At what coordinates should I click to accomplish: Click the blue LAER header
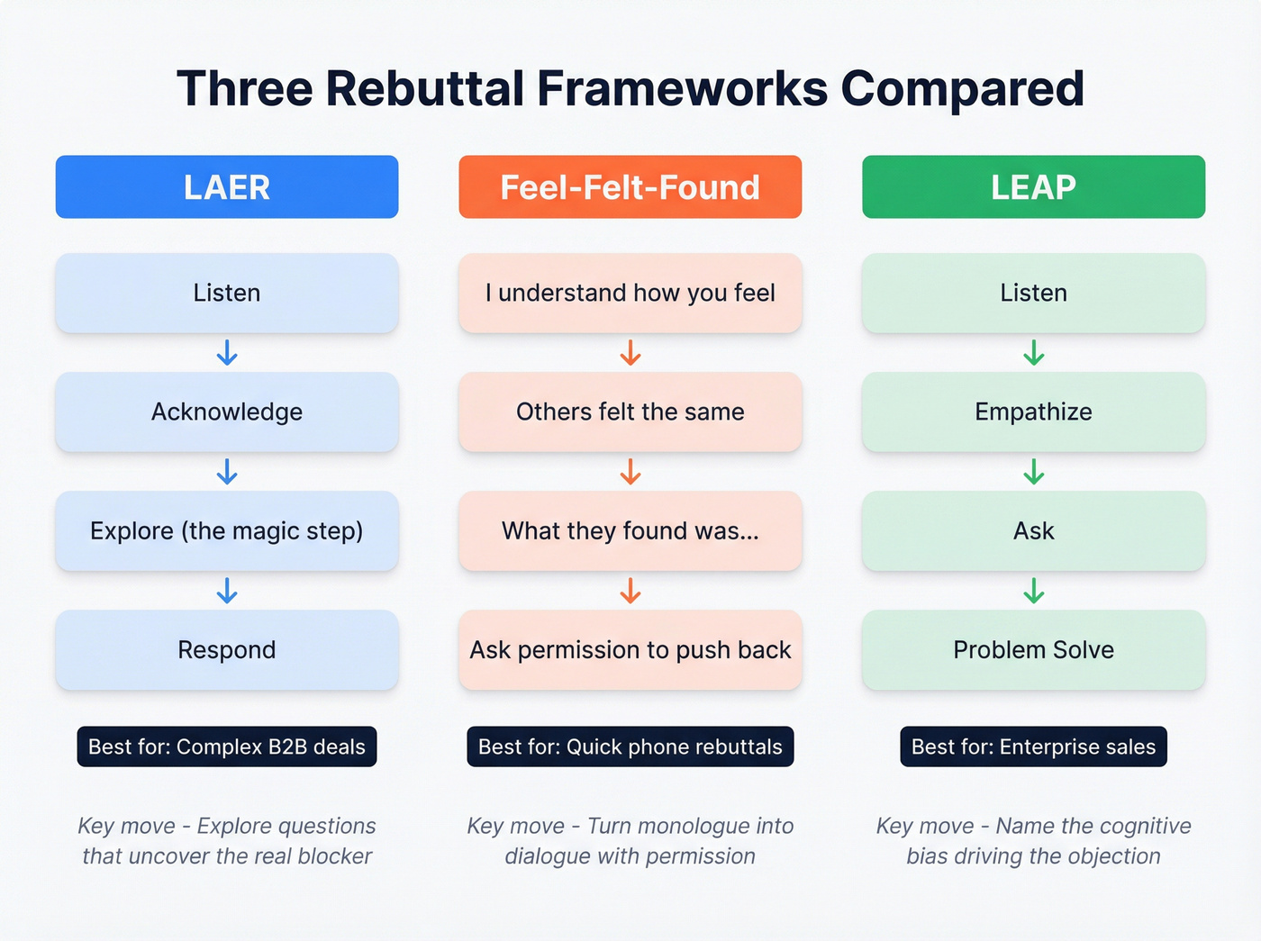point(227,187)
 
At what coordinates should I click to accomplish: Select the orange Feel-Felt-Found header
point(630,187)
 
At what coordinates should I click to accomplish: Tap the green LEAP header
point(1033,187)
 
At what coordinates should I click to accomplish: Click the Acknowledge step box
point(227,412)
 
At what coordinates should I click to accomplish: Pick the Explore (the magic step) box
point(227,530)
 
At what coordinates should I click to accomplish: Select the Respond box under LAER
point(227,649)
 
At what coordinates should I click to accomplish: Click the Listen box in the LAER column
point(227,293)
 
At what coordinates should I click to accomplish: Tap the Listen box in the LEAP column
point(1033,293)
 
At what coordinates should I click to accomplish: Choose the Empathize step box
point(1033,412)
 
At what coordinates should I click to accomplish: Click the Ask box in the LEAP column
point(1033,530)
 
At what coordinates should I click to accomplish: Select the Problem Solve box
point(1033,649)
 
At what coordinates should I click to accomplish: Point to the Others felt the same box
point(630,412)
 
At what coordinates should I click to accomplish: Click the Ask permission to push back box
point(630,649)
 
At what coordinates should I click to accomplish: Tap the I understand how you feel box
point(630,293)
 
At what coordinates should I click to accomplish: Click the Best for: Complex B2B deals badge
point(227,746)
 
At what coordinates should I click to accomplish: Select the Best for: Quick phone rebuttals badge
point(630,746)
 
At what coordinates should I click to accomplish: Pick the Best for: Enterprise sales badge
point(1033,746)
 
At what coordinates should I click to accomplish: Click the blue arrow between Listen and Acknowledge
point(227,352)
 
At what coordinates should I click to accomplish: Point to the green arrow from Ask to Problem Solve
point(1033,591)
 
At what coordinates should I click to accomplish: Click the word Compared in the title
point(962,89)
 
